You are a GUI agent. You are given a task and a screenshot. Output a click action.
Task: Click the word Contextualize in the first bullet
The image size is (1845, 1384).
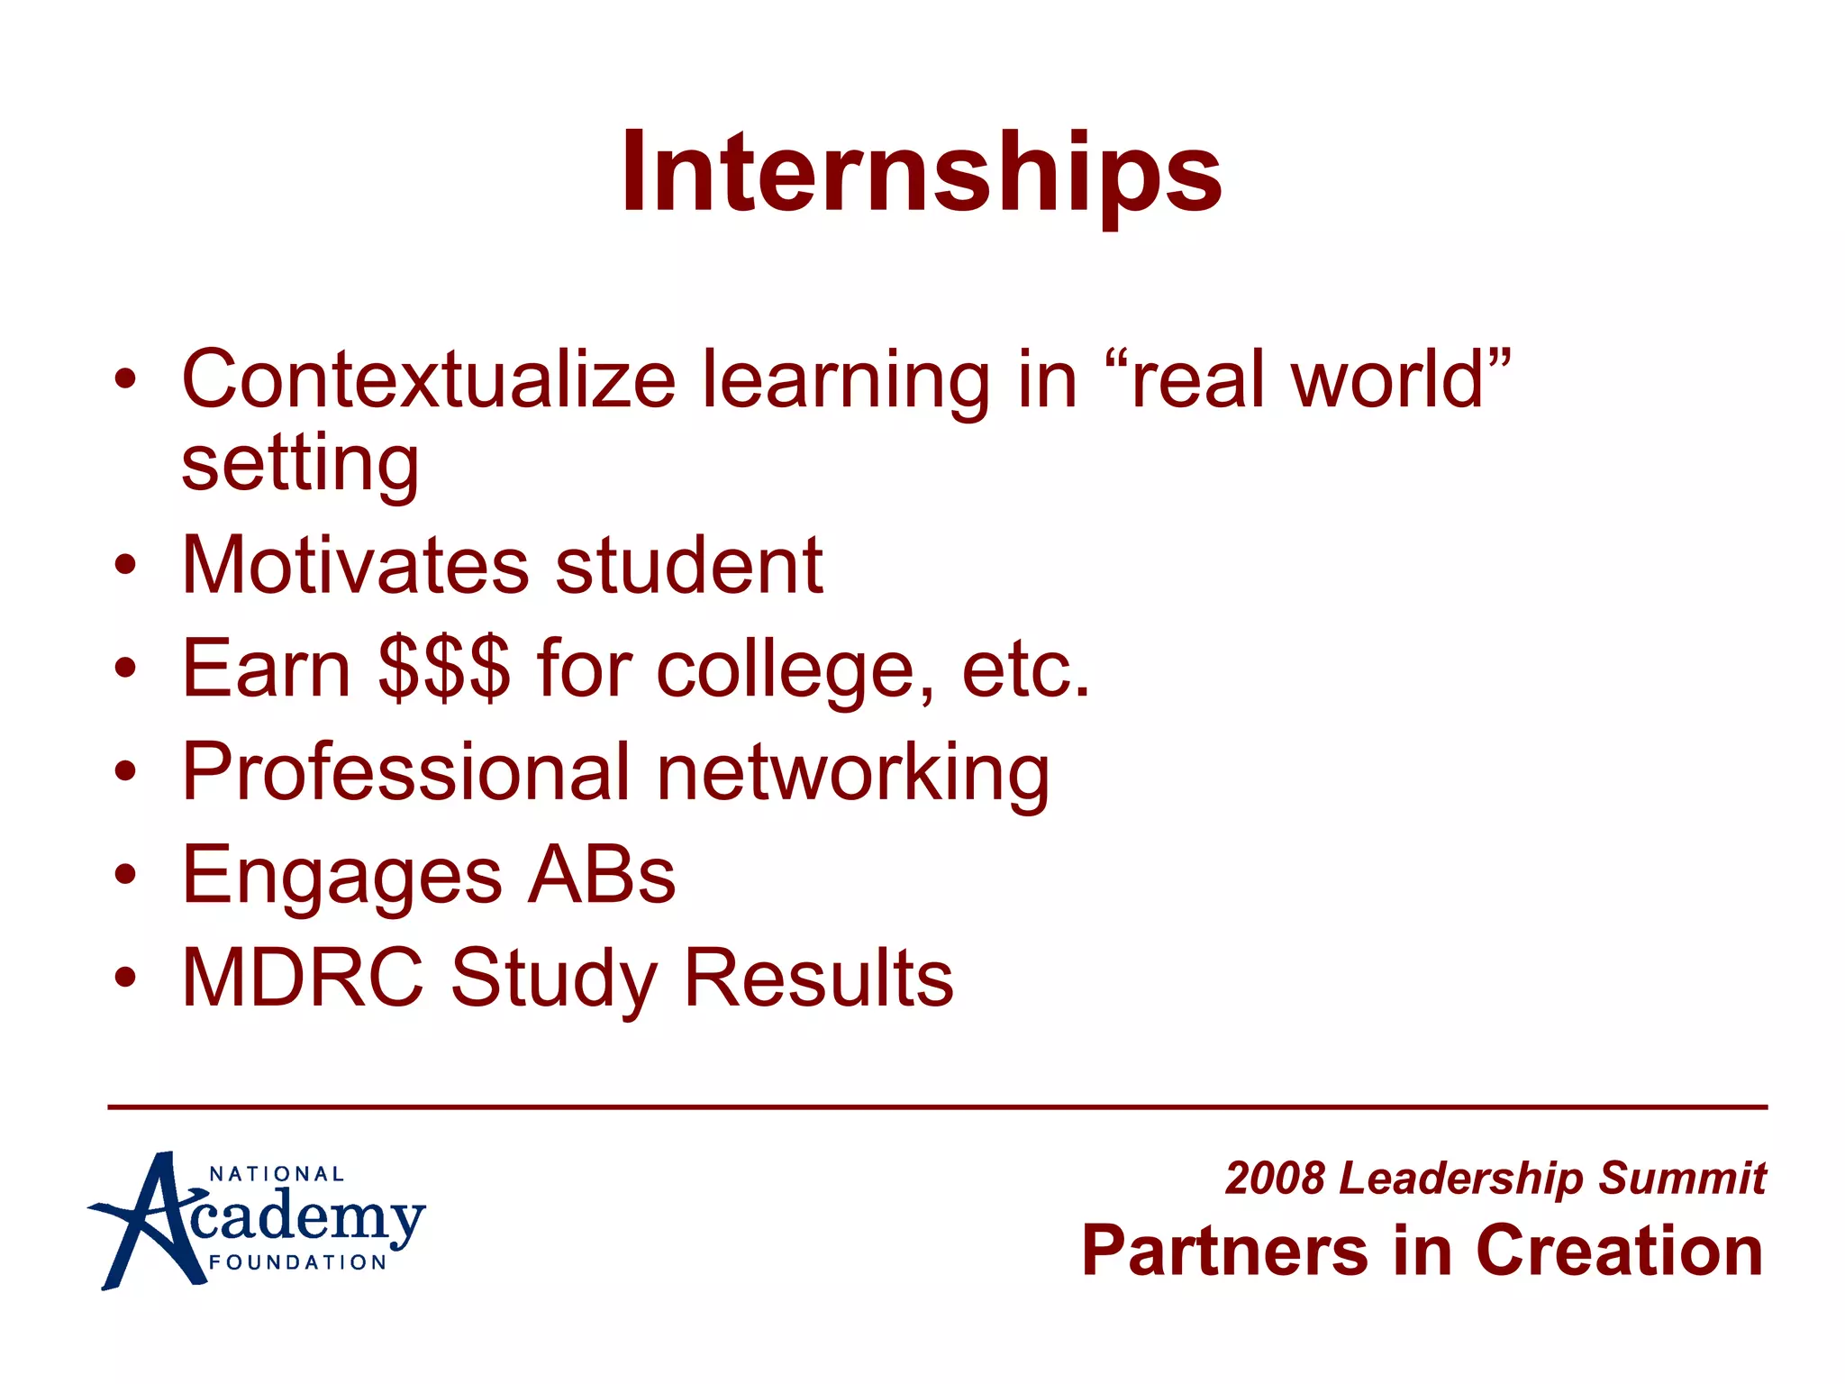coord(428,379)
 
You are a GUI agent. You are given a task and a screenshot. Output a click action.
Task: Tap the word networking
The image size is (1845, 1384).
coord(852,773)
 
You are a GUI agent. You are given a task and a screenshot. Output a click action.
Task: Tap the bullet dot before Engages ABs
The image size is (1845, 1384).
coord(126,873)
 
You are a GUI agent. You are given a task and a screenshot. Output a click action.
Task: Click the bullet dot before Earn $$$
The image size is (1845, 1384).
coord(126,668)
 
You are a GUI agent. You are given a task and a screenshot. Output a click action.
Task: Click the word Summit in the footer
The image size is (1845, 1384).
coord(1682,1178)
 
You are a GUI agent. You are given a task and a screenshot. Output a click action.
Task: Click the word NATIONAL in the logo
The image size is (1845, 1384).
coord(277,1174)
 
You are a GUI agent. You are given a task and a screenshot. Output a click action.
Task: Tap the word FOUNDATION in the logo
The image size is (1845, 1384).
coord(297,1262)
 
